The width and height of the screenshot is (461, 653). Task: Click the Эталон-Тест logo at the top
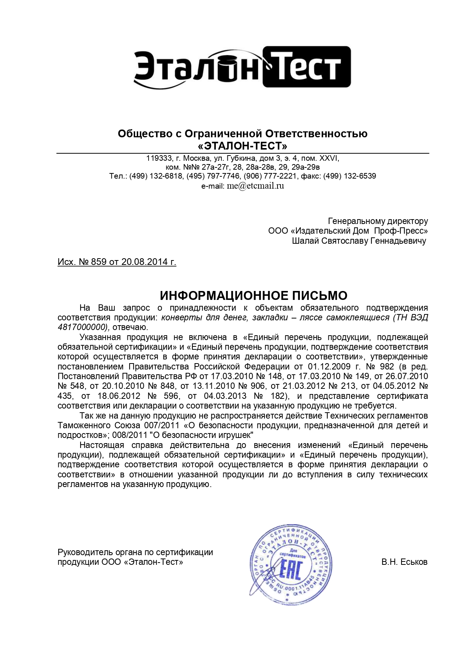click(242, 67)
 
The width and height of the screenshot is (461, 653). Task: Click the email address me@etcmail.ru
click(255, 186)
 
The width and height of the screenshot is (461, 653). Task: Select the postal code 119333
click(159, 158)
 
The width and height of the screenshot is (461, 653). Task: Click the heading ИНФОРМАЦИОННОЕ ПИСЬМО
click(253, 296)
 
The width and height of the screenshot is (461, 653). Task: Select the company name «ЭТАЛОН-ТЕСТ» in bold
click(243, 145)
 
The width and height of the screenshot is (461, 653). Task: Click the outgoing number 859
click(98, 262)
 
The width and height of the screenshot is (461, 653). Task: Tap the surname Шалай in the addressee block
click(305, 241)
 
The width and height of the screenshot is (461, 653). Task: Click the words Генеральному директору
click(378, 221)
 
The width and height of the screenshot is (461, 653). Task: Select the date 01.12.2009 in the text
click(327, 366)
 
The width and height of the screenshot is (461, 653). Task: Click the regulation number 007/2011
click(160, 425)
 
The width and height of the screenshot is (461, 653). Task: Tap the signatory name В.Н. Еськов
click(404, 562)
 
